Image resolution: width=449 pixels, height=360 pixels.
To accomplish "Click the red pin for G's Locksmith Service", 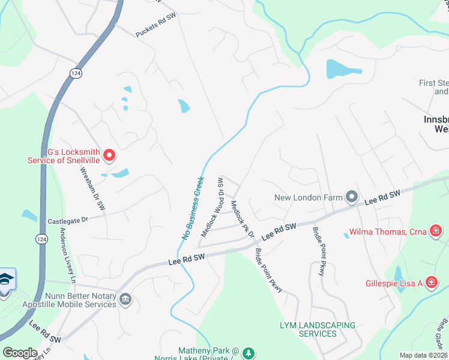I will [x=109, y=156].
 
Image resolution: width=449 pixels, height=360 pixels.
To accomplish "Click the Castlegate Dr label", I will [x=68, y=221].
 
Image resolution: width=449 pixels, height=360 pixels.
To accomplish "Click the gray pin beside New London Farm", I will [x=352, y=197].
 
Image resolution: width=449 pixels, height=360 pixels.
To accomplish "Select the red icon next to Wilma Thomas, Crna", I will [x=435, y=230].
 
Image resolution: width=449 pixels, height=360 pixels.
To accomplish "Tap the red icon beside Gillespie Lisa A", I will [x=431, y=282].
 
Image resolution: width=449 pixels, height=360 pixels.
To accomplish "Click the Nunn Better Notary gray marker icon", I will [x=125, y=299].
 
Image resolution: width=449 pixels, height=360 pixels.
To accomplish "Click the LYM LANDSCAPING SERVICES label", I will [x=318, y=329].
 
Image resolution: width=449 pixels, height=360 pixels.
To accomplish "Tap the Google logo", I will [x=20, y=353].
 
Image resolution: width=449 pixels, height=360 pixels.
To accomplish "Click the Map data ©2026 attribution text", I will [x=423, y=355].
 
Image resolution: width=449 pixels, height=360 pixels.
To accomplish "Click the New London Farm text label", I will [x=309, y=197].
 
